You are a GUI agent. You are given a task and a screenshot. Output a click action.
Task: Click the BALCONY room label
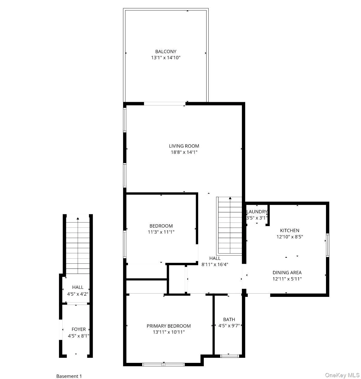coord(166,51)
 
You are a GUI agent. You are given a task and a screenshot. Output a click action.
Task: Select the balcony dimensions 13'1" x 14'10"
coord(166,58)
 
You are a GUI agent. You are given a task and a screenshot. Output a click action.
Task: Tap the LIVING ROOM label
coord(184,146)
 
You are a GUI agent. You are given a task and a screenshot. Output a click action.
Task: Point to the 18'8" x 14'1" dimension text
coord(184,152)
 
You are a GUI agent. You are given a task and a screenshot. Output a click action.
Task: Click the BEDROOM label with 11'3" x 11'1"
coord(161,226)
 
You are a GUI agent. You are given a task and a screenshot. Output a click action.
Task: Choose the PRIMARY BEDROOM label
coord(169,326)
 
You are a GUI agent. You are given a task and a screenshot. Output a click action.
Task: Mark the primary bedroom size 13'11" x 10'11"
coord(169,332)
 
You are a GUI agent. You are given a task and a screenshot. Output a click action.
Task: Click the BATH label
coord(229,319)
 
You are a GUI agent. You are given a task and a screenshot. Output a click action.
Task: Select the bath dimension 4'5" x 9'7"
coord(229,326)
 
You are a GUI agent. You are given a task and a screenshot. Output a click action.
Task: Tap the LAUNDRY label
coord(257,212)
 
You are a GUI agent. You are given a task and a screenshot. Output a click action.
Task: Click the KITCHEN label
coord(289,230)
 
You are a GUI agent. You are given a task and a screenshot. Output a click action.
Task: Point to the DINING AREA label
coord(287,272)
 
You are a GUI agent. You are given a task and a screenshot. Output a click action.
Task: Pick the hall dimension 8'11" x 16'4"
coord(215,264)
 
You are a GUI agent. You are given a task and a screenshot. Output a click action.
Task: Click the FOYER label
coord(78,329)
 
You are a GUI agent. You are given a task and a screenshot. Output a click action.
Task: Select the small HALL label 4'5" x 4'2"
coord(78,287)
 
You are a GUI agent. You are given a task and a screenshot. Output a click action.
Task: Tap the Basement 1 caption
coord(69,376)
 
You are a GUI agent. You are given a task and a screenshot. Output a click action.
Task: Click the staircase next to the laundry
coord(230,225)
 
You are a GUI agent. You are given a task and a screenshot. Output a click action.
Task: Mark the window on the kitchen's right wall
coord(327,245)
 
